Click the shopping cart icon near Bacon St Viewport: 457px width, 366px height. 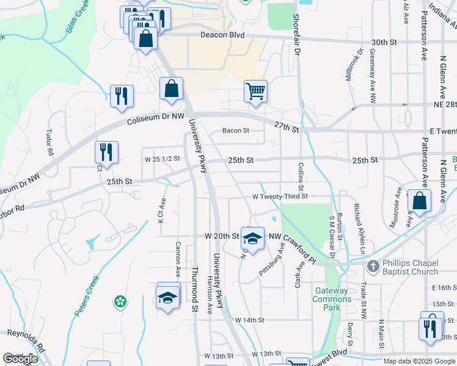click(256, 92)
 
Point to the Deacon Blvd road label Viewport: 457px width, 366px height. click(222, 35)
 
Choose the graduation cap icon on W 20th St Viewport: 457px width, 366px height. click(252, 237)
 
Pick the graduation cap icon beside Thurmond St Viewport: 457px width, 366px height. click(168, 298)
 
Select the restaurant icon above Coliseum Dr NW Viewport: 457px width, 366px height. click(122, 96)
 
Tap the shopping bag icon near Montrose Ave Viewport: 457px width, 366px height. click(420, 201)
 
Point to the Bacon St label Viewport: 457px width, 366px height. click(236, 131)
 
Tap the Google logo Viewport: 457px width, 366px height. click(20, 359)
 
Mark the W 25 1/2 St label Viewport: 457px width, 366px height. click(163, 159)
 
